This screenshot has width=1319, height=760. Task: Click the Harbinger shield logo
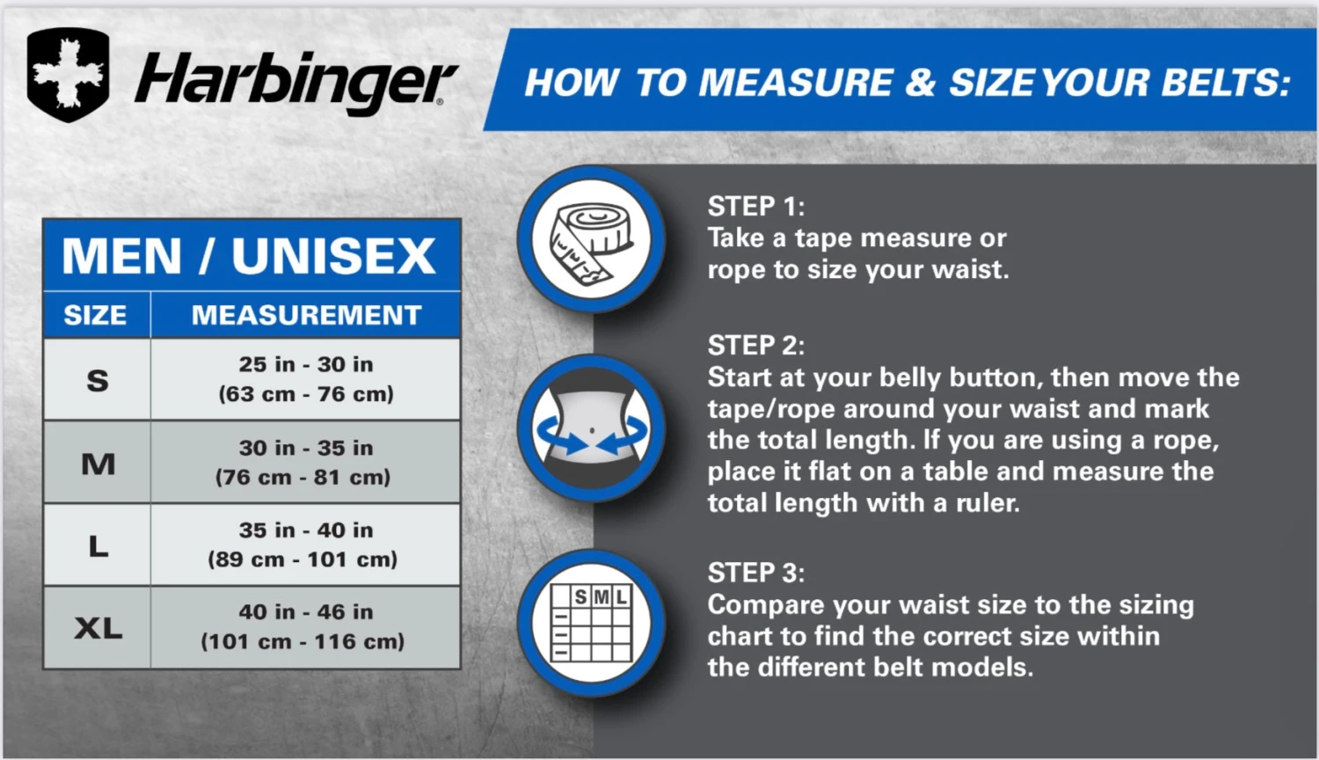point(69,75)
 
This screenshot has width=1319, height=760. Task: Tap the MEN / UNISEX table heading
point(250,256)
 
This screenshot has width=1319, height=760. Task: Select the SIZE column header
point(95,315)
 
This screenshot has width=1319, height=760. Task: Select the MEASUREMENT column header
point(306,315)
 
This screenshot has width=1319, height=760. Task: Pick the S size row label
point(98,380)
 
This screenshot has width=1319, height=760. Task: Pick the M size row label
point(98,463)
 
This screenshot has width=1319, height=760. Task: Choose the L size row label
point(98,545)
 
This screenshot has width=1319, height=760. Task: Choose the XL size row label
point(98,628)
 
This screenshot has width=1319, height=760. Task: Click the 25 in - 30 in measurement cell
point(306,379)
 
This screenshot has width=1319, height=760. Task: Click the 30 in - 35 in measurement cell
point(305,462)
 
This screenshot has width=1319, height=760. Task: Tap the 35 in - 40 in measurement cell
point(305,544)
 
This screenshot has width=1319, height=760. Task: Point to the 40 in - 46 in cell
point(304,626)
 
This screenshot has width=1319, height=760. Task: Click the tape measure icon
point(591,239)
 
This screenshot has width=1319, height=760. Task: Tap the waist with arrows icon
point(591,429)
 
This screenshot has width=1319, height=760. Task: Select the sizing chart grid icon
point(591,623)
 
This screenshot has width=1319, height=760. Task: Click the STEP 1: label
point(755,207)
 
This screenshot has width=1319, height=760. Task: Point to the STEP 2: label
point(755,345)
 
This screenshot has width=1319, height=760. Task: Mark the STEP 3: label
point(755,573)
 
